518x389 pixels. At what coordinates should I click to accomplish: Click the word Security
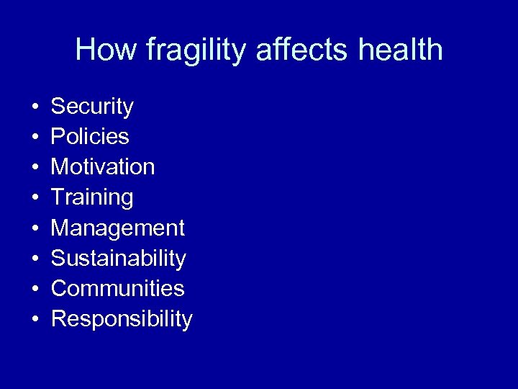point(92,107)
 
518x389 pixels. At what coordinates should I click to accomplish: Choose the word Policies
point(90,137)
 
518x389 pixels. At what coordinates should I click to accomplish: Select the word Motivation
point(103,167)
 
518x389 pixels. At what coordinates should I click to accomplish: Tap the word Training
point(92,198)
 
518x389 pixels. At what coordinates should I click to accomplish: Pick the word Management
point(118,228)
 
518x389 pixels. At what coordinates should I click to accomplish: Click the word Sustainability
point(119,259)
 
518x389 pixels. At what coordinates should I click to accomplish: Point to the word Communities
point(118,289)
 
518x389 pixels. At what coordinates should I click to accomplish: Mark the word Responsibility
point(122,319)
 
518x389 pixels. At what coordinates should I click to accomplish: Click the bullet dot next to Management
point(35,229)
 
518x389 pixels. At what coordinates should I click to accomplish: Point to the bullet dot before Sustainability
point(35,259)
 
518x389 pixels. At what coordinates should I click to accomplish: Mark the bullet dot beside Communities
point(35,290)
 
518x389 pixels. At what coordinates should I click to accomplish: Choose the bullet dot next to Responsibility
point(35,320)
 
